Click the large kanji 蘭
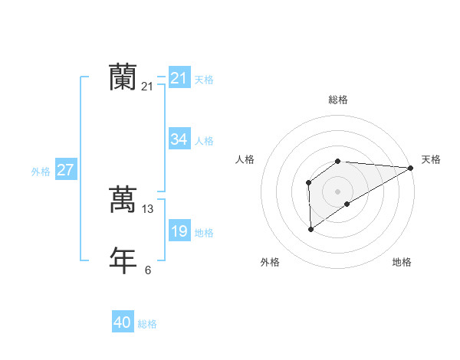click(x=123, y=77)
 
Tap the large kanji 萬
click(x=123, y=199)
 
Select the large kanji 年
click(x=123, y=260)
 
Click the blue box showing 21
click(x=179, y=77)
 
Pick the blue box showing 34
click(x=179, y=139)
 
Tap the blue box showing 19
click(x=179, y=231)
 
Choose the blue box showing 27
click(x=65, y=170)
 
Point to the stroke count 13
click(x=148, y=208)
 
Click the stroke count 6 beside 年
click(x=148, y=270)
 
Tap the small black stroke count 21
click(x=147, y=87)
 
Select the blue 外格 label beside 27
click(x=41, y=172)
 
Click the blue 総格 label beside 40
click(x=147, y=324)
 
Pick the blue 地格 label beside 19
click(x=204, y=233)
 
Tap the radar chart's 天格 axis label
click(x=431, y=159)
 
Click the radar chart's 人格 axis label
click(x=245, y=159)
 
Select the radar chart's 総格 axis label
click(x=338, y=100)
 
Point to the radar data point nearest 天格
click(x=411, y=168)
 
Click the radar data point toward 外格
click(x=311, y=228)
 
